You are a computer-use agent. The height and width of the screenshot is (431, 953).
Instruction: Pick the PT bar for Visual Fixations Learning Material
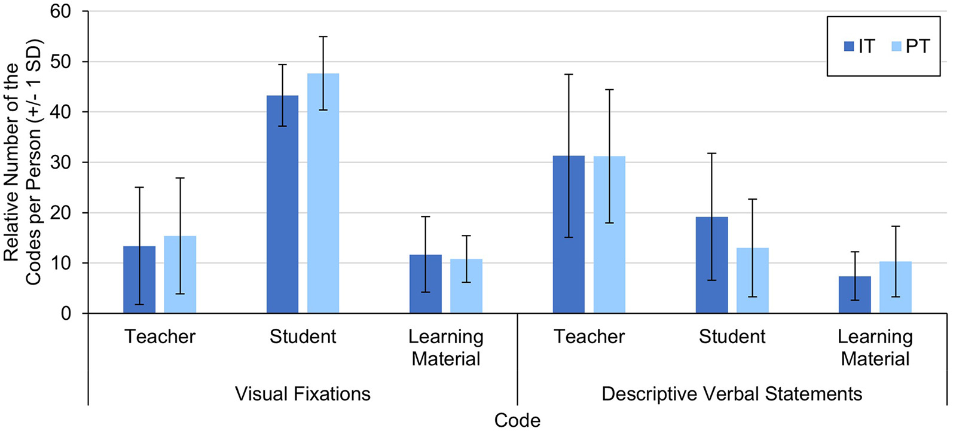[x=466, y=286]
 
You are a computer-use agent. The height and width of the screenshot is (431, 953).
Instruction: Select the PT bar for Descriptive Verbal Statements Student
[x=752, y=280]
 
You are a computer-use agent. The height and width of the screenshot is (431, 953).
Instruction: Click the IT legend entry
[x=859, y=47]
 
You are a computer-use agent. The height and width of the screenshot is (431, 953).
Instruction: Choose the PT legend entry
[x=911, y=47]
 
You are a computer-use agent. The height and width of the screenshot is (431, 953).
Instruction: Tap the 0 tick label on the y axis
[x=66, y=313]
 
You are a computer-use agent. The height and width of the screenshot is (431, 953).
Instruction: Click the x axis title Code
[x=517, y=420]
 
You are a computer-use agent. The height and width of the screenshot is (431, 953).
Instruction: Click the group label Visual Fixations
[x=303, y=394]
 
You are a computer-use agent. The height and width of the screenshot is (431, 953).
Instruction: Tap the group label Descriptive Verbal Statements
[x=732, y=394]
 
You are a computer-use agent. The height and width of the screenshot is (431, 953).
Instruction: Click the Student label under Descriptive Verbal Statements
[x=732, y=337]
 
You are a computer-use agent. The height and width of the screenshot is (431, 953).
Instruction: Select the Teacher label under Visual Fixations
[x=160, y=337]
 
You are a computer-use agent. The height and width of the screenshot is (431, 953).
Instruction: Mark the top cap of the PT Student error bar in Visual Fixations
[x=323, y=36]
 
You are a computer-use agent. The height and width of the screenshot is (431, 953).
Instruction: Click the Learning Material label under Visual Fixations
[x=446, y=348]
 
